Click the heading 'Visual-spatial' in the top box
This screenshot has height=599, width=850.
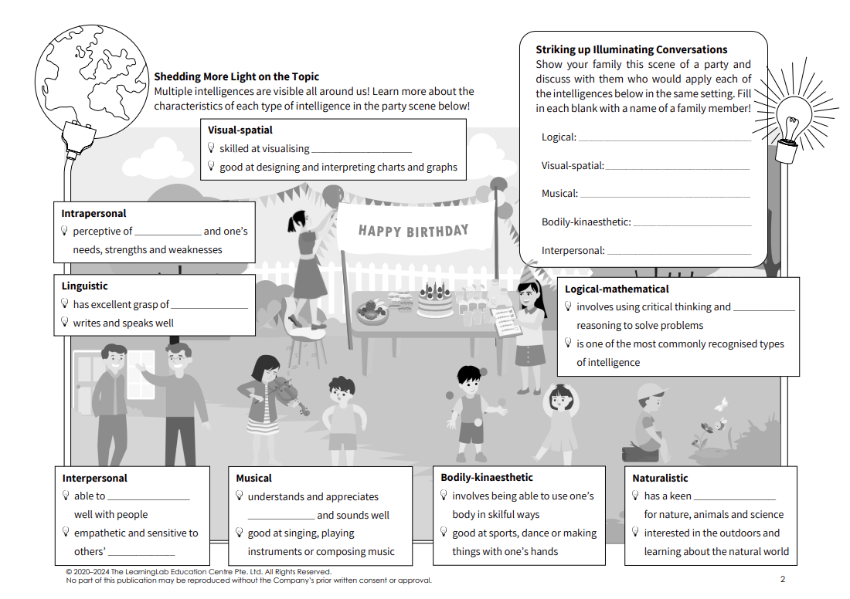click(x=240, y=130)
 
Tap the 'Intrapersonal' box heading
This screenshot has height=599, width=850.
click(x=93, y=213)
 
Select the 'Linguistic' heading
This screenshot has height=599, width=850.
click(x=84, y=286)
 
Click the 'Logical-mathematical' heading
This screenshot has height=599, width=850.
click(x=617, y=289)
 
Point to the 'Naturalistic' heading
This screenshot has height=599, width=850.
click(x=660, y=478)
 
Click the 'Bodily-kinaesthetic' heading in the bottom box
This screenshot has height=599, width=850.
click(x=487, y=477)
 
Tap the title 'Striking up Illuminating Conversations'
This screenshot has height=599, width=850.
click(x=631, y=49)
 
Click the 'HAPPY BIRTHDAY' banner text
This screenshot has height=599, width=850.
click(x=413, y=230)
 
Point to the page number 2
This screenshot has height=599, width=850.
click(x=782, y=579)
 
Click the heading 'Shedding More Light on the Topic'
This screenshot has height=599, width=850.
click(x=236, y=76)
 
